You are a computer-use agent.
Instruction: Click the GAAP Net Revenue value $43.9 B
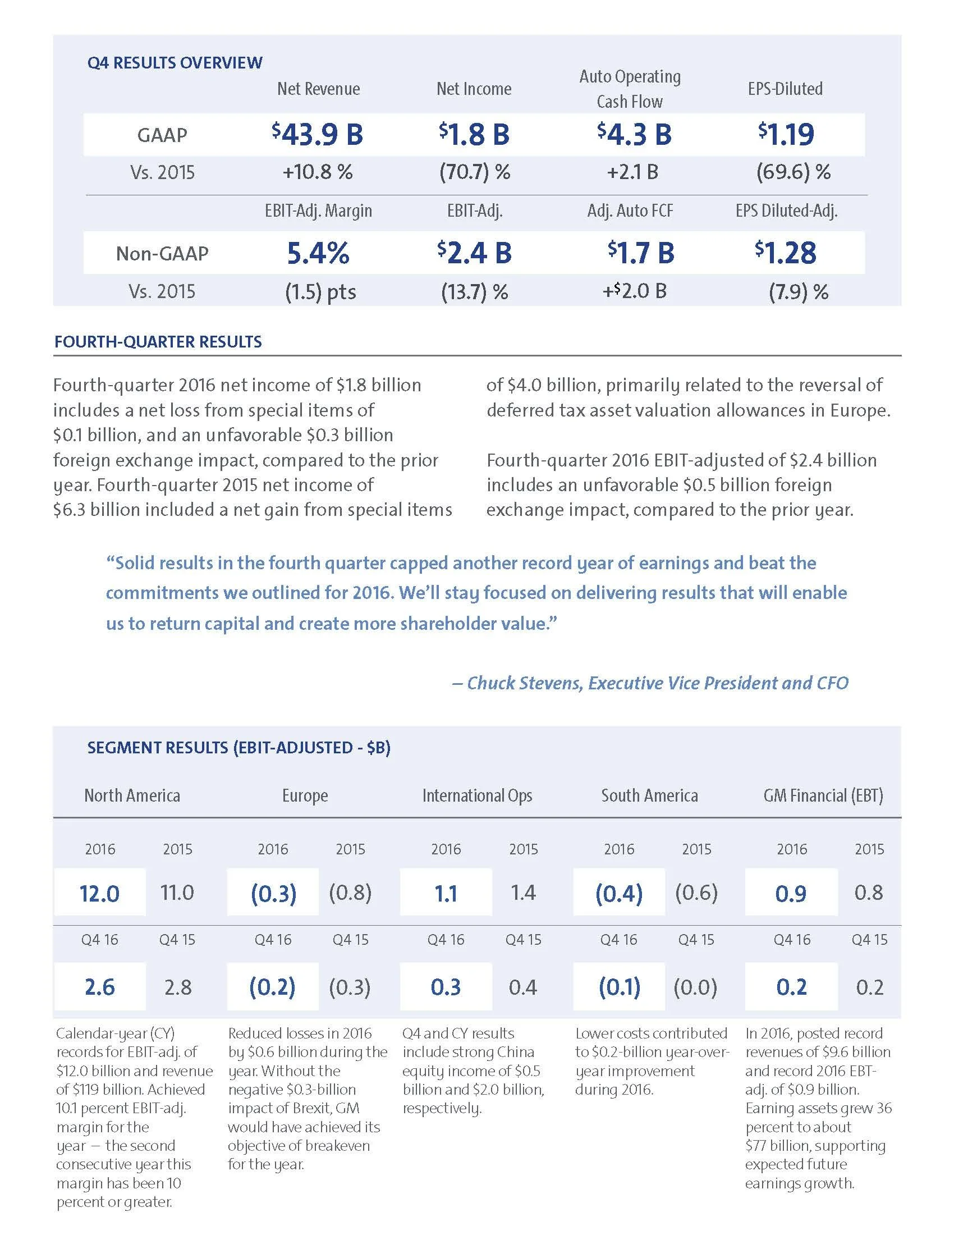tap(318, 135)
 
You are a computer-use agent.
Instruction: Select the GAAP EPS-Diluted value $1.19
tap(786, 135)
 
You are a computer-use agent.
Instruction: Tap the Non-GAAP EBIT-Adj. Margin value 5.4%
tap(318, 253)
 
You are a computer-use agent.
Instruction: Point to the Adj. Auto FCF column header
tap(630, 211)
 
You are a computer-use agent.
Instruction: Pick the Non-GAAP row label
tap(162, 253)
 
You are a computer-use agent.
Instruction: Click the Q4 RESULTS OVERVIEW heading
tap(175, 62)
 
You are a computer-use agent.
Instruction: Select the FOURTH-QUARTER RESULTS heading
tap(158, 341)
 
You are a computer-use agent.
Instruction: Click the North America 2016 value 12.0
tap(99, 894)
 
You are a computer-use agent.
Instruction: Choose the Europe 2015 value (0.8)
tap(350, 893)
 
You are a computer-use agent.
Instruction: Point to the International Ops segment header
tap(477, 795)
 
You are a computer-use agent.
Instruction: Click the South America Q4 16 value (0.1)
tap(620, 987)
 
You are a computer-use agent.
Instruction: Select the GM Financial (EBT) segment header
tap(823, 795)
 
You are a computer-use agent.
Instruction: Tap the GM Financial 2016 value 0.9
tap(791, 894)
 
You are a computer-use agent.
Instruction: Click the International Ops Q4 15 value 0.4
tap(523, 987)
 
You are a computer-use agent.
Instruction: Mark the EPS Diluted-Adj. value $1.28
tap(786, 253)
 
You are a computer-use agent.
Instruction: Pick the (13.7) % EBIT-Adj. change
tap(475, 292)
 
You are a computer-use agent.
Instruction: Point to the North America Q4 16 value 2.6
tap(99, 987)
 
